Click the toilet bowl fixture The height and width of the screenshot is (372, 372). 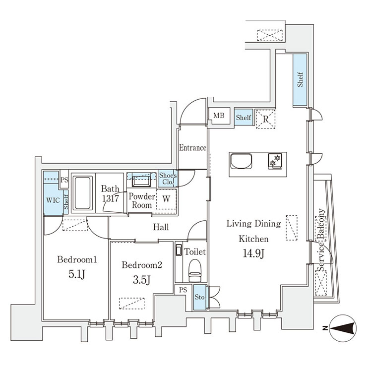tap(195, 270)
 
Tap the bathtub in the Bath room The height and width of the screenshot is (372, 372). tap(82, 193)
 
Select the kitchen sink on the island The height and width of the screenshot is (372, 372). tap(241, 161)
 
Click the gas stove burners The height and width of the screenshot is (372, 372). tap(275, 161)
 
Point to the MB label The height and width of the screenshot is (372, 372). tap(219, 116)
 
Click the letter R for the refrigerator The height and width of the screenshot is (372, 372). tap(265, 119)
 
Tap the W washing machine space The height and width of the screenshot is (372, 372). tap(166, 199)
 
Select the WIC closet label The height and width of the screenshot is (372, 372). tap(53, 200)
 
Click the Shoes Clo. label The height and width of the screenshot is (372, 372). tap(168, 179)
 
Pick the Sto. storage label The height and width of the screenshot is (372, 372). tap(200, 297)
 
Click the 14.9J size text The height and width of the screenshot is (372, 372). tap(253, 253)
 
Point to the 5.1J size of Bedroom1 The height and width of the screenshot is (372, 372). tap(76, 274)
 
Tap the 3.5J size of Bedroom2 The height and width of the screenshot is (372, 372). tap(141, 280)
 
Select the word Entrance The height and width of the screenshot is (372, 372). tap(192, 148)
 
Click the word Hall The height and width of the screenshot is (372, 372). tap(161, 227)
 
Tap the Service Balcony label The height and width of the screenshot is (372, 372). tap(321, 240)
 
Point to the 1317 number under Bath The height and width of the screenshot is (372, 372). tap(111, 198)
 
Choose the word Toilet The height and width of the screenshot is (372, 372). tap(195, 251)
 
